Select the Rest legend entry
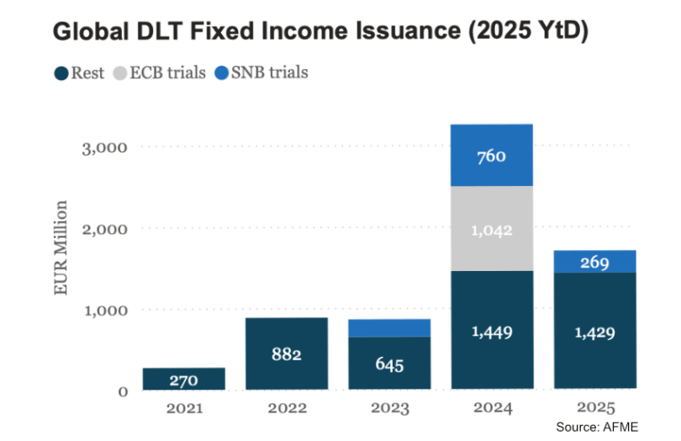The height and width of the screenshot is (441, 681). (x=80, y=72)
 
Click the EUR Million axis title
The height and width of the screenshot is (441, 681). (x=61, y=247)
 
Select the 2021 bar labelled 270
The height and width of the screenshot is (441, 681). (x=183, y=380)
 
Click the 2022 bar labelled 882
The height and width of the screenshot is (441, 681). (x=286, y=353)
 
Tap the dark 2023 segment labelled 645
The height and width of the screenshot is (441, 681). (x=389, y=364)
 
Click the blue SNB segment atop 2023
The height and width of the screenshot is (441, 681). (x=389, y=327)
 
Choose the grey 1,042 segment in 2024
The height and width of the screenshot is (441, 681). (x=492, y=230)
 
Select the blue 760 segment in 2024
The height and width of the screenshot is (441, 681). (x=492, y=156)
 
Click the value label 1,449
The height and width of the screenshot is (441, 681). (x=492, y=332)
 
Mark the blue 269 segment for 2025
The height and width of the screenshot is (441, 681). (x=595, y=262)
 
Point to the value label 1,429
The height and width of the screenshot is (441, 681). (x=595, y=332)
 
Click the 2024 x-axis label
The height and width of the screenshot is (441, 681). (x=492, y=408)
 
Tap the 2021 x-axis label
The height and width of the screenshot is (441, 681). (x=183, y=408)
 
